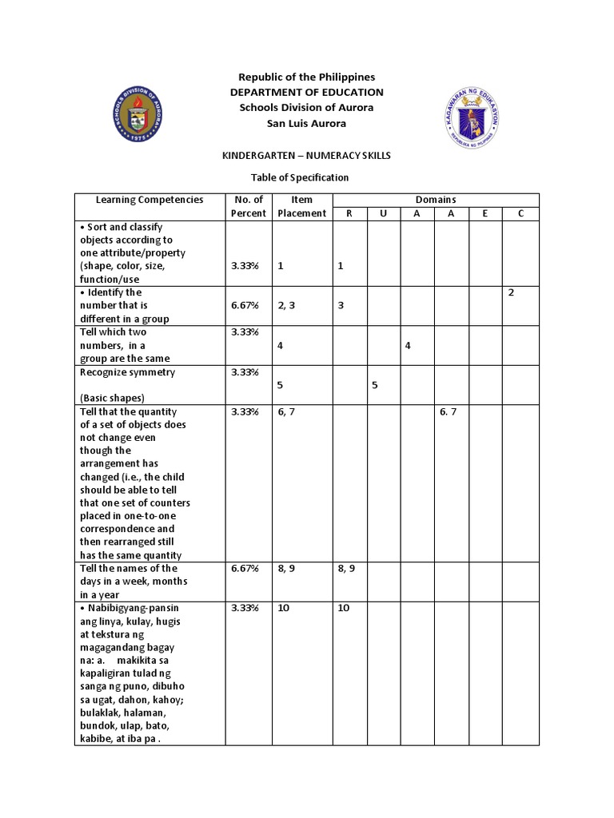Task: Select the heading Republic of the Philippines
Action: pos(307,77)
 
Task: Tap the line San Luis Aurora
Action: pos(307,123)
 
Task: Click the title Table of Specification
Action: pos(307,177)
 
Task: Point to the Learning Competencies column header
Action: pos(150,200)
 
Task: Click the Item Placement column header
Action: pos(301,206)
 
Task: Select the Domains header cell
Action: pos(436,200)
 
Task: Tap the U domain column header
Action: pos(383,213)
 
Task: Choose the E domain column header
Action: pos(485,213)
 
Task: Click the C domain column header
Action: pos(520,213)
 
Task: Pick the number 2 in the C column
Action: pos(511,292)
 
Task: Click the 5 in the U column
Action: pos(373,384)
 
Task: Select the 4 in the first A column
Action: pos(408,345)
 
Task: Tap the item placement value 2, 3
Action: pos(286,305)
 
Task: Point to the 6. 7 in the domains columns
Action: pos(448,411)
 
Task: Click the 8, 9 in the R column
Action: pos(347,568)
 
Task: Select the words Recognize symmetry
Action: pos(127,372)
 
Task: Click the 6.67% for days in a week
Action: pos(243,568)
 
